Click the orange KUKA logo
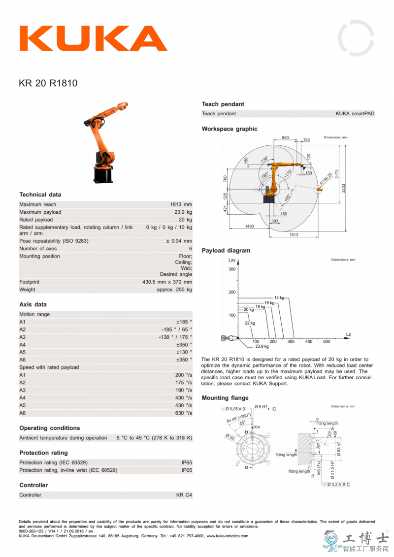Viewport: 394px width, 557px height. click(94, 38)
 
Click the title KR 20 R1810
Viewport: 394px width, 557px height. click(48, 83)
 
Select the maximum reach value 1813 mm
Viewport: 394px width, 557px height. click(181, 204)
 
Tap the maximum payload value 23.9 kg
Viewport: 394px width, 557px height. click(182, 212)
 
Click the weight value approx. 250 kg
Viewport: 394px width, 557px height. click(174, 290)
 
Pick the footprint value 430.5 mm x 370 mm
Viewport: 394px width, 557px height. click(167, 282)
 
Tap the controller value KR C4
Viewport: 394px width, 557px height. click(184, 495)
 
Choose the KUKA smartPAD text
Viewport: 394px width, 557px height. click(355, 114)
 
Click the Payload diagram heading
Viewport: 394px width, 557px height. click(226, 251)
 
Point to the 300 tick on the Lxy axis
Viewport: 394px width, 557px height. click(231, 269)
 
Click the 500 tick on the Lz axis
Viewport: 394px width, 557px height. click(327, 341)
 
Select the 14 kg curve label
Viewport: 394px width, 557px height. click(279, 298)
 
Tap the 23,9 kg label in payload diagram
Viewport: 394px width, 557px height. click(262, 346)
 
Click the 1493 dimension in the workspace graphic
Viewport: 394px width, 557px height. click(249, 226)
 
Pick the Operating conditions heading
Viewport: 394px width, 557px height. click(49, 428)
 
